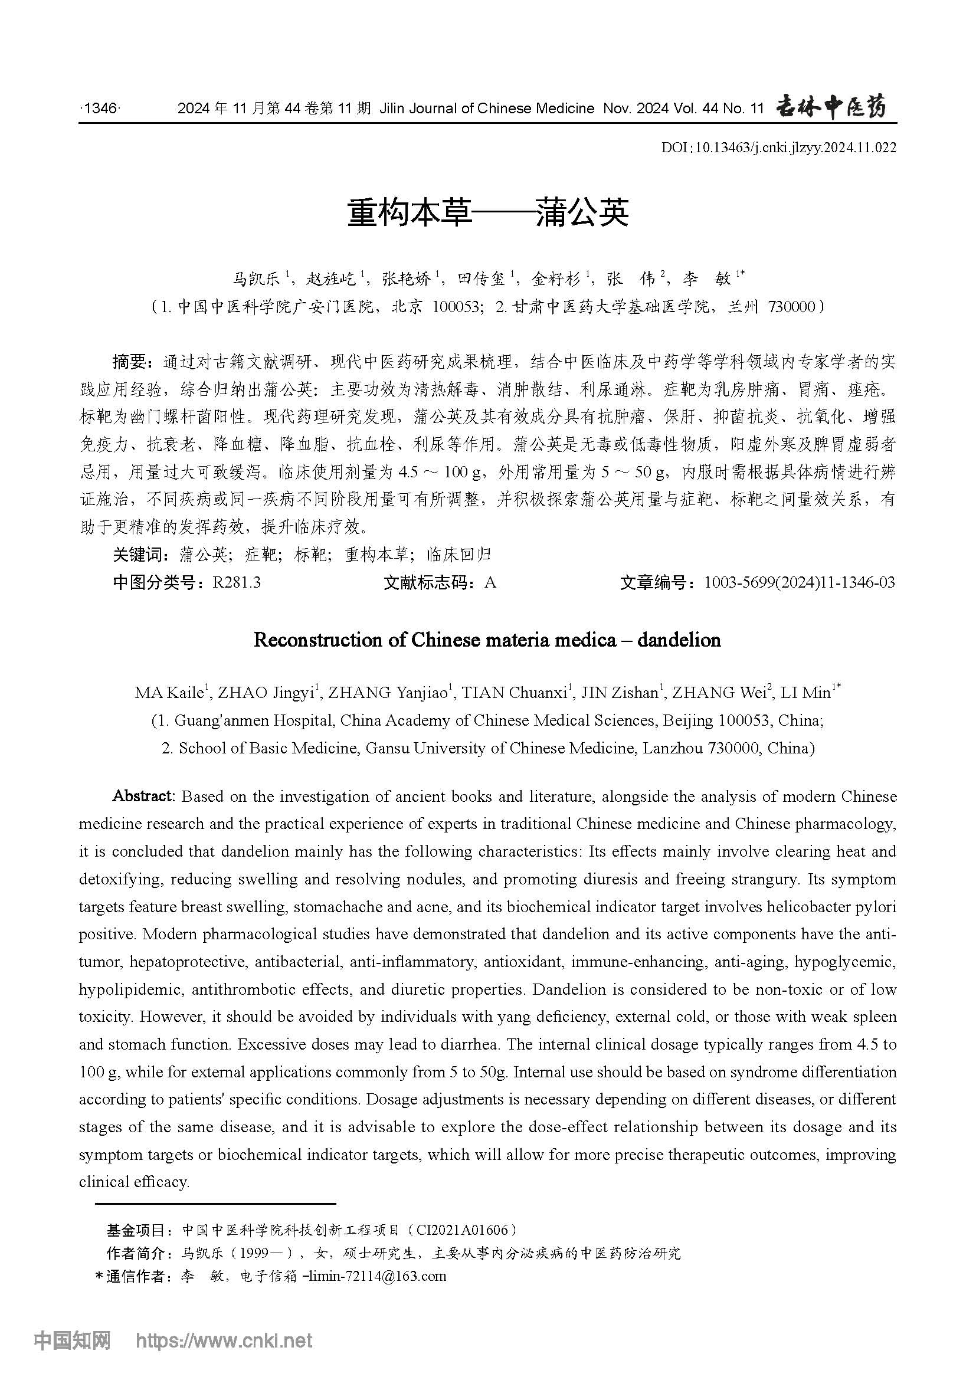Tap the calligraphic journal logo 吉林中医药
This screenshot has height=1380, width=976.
831,107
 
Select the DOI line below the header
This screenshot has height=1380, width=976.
778,147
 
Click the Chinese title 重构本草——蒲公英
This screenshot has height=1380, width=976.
487,213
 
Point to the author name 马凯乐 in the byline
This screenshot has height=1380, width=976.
257,279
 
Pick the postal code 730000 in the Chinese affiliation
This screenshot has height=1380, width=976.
791,307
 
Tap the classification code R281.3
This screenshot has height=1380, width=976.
236,582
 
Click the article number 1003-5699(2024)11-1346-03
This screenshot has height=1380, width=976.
800,582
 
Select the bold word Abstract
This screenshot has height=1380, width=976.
143,796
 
